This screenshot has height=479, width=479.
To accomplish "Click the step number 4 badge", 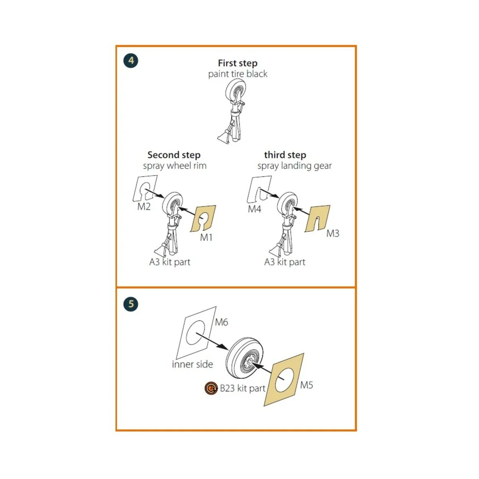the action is [131, 61].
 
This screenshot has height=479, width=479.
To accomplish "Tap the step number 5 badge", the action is [131, 304].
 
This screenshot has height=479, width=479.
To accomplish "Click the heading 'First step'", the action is [238, 63].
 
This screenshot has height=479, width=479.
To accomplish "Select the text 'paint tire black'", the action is [238, 74].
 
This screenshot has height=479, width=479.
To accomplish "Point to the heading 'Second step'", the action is [174, 155].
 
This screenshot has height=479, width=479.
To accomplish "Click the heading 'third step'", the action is [285, 155].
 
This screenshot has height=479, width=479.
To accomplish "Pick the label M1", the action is [206, 238].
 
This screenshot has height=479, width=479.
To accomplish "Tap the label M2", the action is [144, 206].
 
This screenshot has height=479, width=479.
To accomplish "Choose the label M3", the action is [333, 233].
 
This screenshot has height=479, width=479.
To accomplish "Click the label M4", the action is [255, 209].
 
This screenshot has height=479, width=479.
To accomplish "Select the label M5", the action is [307, 385].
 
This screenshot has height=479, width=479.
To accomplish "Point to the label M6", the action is [221, 322].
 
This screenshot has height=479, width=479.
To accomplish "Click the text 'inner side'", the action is [192, 364].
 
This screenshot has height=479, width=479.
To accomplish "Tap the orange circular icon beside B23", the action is [211, 388].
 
